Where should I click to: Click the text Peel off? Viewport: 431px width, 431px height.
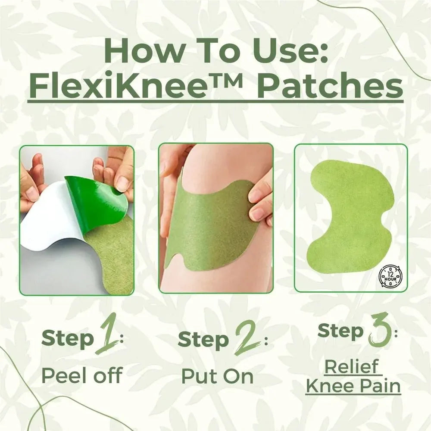[81, 375]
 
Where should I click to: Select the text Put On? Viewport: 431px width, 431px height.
[217, 376]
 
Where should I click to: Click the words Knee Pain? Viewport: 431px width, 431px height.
[353, 385]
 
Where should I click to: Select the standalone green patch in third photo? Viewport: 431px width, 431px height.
[350, 215]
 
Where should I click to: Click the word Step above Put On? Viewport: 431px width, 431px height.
[203, 340]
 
